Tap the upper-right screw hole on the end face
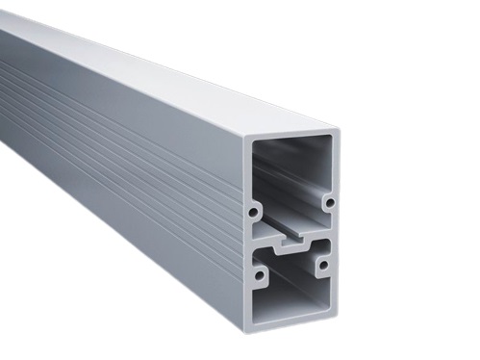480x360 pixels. (328, 203)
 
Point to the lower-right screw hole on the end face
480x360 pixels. (324, 263)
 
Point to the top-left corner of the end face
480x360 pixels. (246, 134)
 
